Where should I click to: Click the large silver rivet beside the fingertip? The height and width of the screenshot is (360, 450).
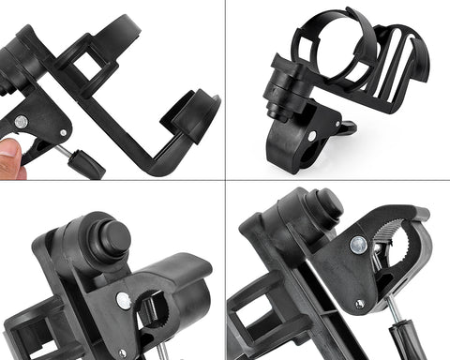tap(21, 122)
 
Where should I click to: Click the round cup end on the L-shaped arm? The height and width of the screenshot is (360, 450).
tap(195, 112)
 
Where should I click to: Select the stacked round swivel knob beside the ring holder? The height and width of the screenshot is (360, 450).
tap(280, 89)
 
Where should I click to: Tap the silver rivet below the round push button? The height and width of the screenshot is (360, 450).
tap(123, 300)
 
